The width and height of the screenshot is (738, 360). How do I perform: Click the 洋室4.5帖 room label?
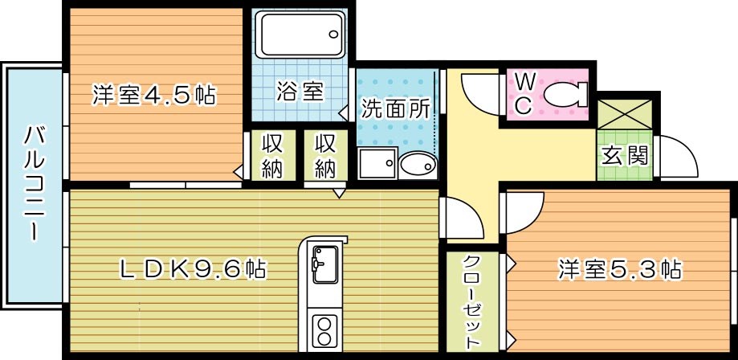(x=153, y=96)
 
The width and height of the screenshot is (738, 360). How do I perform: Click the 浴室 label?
(x=300, y=92)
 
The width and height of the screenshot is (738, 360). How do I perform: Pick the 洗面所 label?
(x=394, y=108)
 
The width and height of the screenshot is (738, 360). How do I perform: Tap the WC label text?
(x=523, y=94)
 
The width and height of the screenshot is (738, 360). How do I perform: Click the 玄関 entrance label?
(x=623, y=154)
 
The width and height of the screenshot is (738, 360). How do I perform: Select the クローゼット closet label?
(x=471, y=300)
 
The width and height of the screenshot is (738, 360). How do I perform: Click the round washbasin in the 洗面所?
(x=418, y=165)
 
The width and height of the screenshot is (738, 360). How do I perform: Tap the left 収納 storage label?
(x=271, y=156)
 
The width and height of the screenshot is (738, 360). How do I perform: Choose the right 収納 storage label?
(x=324, y=156)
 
